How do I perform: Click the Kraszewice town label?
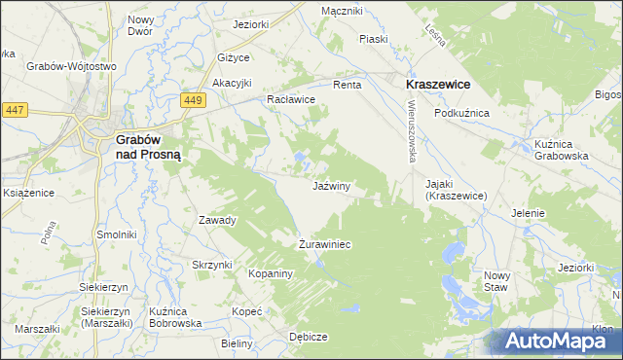(x=438, y=85)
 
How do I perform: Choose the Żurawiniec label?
(x=324, y=244)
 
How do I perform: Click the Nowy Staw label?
(x=495, y=281)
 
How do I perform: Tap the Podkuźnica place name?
(x=461, y=113)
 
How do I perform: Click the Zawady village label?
(x=217, y=220)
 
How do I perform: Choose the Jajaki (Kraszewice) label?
(x=462, y=189)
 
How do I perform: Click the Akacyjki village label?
(x=233, y=82)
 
